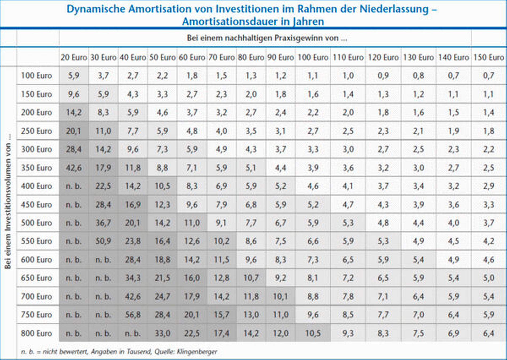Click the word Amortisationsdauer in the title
pos(229,21)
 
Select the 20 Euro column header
pos(74,57)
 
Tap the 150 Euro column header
pos(489,57)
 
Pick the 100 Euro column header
pos(313,57)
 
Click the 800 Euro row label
pos(37,333)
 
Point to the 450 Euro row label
pos(37,204)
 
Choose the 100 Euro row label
pos(37,76)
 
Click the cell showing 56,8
pos(133,315)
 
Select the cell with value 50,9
pos(103,241)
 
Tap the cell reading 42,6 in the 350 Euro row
pos(74,168)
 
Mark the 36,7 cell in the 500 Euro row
pos(103,223)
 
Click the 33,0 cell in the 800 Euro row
pos(162,333)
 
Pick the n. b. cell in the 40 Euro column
pos(133,333)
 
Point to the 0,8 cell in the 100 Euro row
pos(418,76)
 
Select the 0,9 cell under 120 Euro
pos(383,76)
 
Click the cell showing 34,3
pos(133,278)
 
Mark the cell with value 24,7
pos(162,296)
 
